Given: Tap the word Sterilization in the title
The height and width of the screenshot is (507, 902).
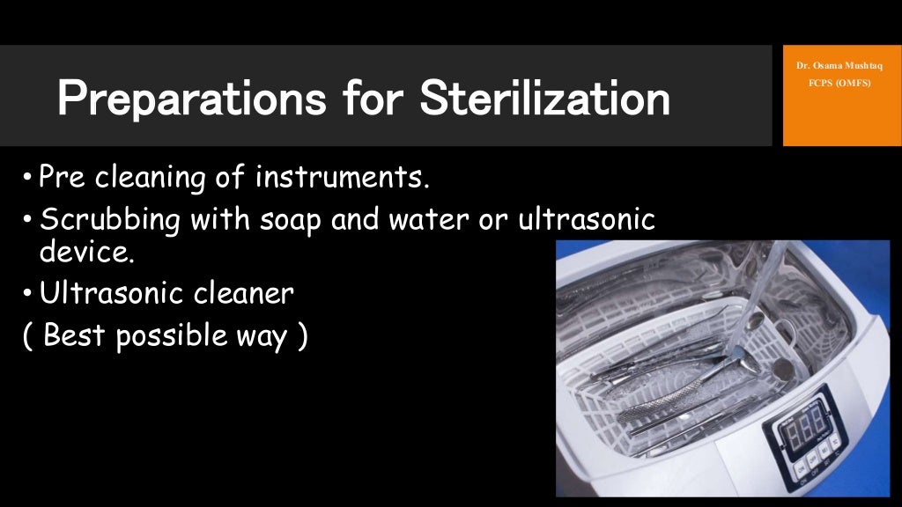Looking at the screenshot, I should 544,99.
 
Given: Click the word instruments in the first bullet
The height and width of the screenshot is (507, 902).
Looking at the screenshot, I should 343,179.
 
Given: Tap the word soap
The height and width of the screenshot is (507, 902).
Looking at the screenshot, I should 292,220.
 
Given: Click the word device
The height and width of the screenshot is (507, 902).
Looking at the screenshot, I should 86,253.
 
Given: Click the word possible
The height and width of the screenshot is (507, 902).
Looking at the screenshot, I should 171,336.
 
